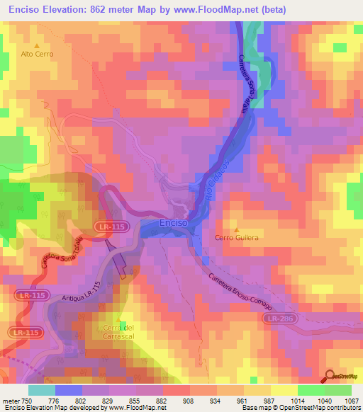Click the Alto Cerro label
click(36, 54)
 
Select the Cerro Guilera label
click(237, 238)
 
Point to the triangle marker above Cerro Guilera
click(237, 229)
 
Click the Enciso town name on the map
click(173, 222)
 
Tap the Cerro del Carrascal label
click(118, 331)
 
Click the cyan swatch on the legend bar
click(41, 389)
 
